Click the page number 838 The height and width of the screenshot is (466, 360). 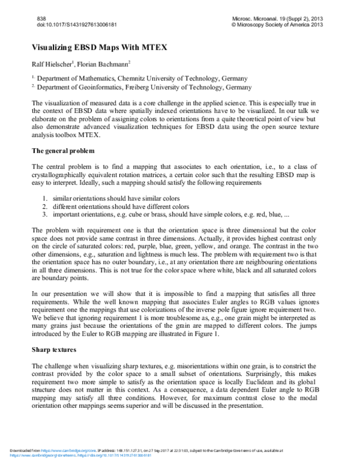(41, 19)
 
